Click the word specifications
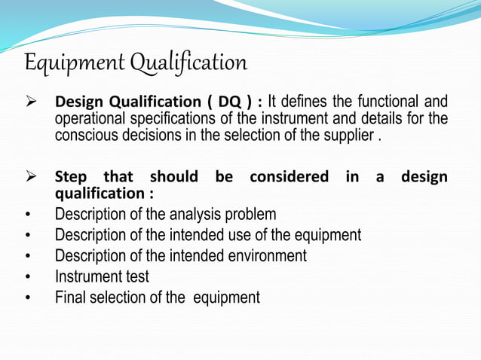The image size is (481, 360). click(x=182, y=119)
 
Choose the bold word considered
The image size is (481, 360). click(x=289, y=178)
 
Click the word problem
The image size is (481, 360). click(x=250, y=214)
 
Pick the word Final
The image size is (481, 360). click(x=70, y=297)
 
